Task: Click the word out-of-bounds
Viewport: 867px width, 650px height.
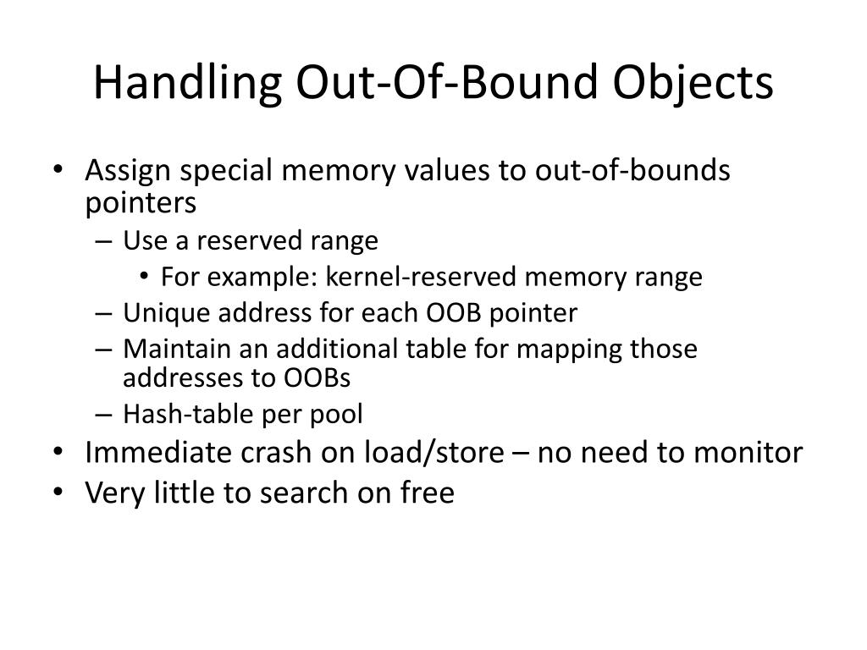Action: (632, 171)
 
